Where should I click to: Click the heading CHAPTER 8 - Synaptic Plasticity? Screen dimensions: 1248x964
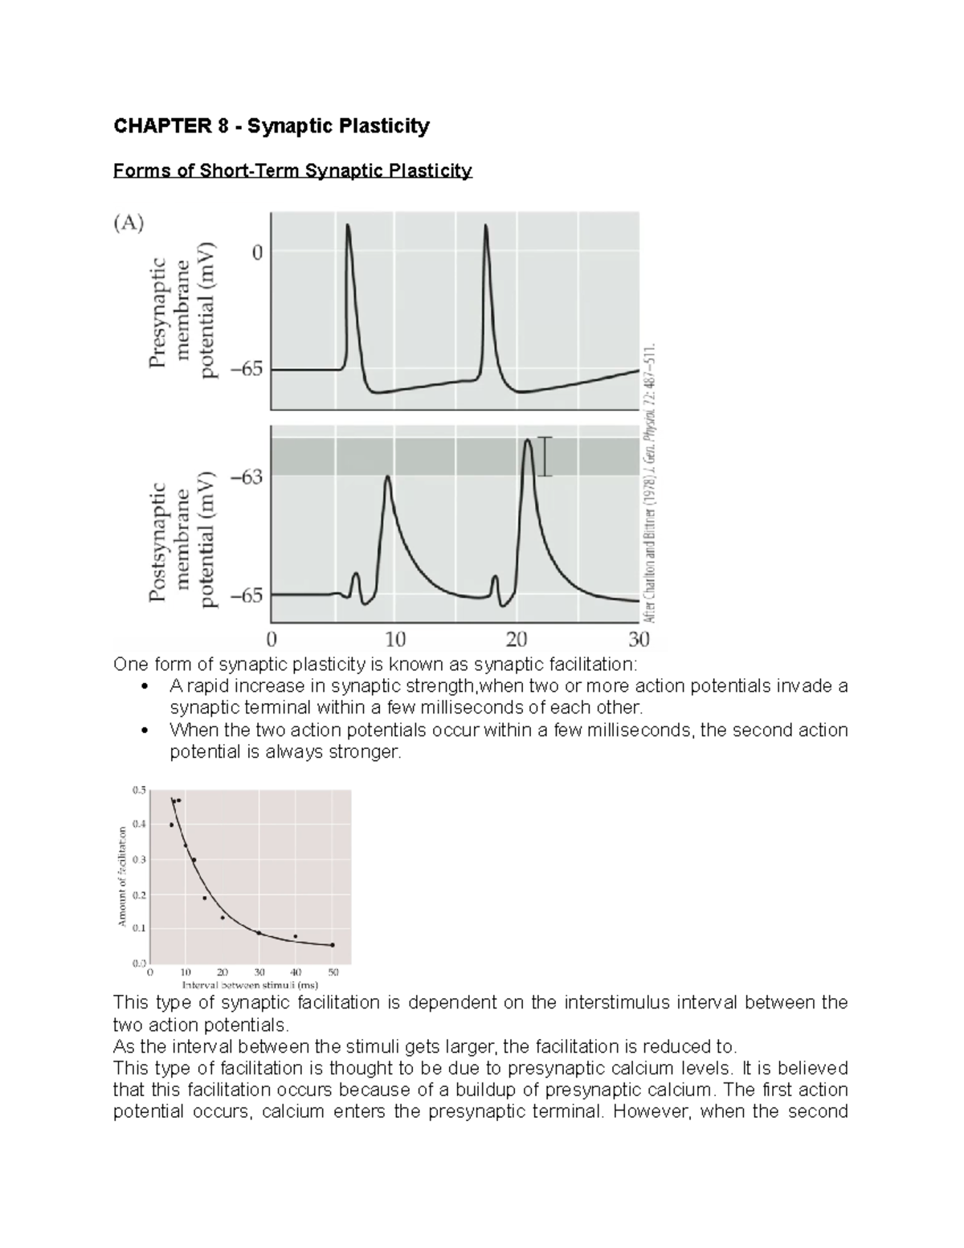(272, 126)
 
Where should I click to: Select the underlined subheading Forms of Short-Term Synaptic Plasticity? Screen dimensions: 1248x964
(292, 171)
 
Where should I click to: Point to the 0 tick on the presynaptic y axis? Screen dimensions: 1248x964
(257, 253)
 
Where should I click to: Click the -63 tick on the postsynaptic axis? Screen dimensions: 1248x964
(247, 477)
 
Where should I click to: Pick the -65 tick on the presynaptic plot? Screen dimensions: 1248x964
(247, 370)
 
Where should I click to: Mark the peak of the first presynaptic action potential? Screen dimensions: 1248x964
(348, 226)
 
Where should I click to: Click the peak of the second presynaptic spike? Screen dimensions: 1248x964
(486, 226)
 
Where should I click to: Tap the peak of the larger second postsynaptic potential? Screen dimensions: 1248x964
(527, 440)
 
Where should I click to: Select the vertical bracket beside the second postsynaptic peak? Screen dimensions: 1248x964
(545, 456)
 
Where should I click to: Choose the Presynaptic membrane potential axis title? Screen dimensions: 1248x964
(183, 312)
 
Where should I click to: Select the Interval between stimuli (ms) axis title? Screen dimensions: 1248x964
(250, 984)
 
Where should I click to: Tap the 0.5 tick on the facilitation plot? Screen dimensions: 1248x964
(139, 790)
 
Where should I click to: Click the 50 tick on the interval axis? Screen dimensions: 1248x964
(333, 972)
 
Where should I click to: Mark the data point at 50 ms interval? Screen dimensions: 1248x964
(333, 945)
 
